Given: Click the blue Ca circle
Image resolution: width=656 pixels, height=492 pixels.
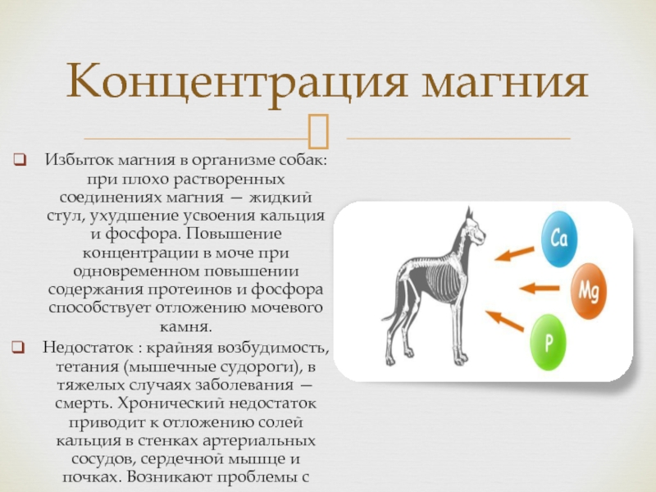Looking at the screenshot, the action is (x=559, y=239).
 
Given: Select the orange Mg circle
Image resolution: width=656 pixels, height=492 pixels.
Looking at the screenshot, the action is (x=589, y=291).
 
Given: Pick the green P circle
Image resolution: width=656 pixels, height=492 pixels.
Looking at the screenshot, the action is (x=548, y=342).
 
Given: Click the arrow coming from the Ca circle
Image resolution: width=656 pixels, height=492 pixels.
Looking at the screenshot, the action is (x=515, y=253).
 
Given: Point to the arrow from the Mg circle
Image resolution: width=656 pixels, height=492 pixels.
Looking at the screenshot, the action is (x=540, y=288).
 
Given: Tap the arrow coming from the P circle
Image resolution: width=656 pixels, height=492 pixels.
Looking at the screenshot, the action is (x=504, y=321).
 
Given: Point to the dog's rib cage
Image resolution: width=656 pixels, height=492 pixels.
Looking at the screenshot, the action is (x=442, y=283).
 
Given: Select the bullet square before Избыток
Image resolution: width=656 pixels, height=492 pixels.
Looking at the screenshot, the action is (x=20, y=160).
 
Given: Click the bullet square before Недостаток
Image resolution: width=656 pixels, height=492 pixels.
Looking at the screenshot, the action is (x=18, y=347).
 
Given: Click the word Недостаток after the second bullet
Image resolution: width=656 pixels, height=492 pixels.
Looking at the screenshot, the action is (x=82, y=347).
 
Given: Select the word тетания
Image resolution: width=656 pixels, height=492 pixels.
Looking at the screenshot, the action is (x=88, y=367).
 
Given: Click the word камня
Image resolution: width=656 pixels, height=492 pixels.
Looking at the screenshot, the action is (x=185, y=326).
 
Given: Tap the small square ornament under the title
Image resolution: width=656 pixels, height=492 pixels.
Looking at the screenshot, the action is (x=318, y=131).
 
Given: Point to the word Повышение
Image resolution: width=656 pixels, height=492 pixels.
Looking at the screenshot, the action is (x=235, y=234).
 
